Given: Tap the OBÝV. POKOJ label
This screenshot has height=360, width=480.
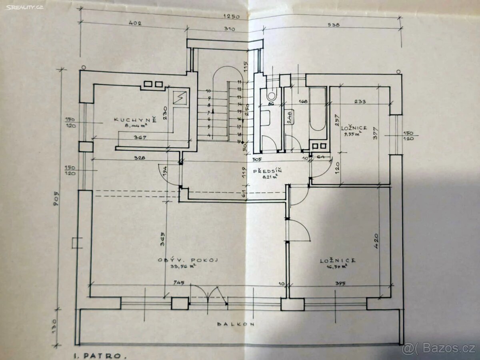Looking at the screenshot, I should pos(188,260).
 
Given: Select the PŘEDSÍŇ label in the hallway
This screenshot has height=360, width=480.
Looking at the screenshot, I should pos(268,171).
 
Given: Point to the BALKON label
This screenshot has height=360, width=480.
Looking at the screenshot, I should pos(236,324).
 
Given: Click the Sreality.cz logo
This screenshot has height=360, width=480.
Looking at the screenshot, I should pos(25,7).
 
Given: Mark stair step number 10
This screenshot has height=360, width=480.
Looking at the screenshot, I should pos(208,91).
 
